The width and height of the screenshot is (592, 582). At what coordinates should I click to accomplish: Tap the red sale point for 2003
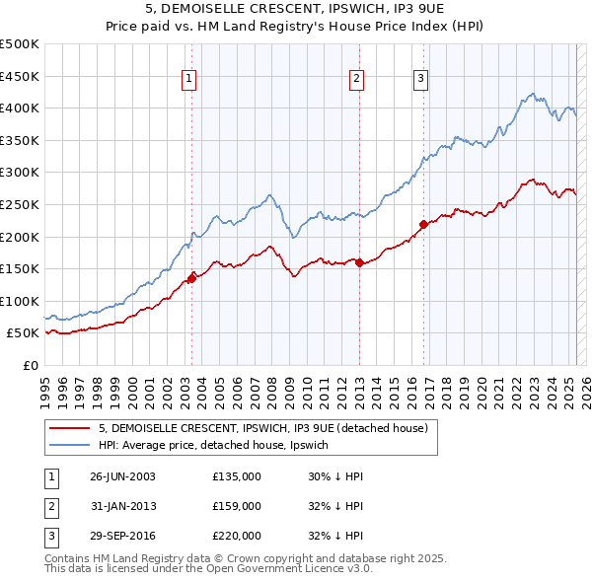point(192,278)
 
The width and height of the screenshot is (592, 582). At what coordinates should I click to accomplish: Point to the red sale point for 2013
point(359,262)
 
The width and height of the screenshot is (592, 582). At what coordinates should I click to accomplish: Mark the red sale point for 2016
point(423,224)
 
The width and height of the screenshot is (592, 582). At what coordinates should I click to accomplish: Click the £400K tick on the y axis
point(20,108)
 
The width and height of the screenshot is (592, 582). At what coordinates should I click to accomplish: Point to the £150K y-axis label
point(20,268)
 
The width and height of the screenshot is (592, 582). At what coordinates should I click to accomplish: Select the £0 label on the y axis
point(30,365)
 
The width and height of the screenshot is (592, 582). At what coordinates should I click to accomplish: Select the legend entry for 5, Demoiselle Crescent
point(262,428)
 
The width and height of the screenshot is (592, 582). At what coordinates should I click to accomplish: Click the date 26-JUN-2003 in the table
point(122,476)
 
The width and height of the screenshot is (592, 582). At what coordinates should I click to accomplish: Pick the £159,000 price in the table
point(237,506)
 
